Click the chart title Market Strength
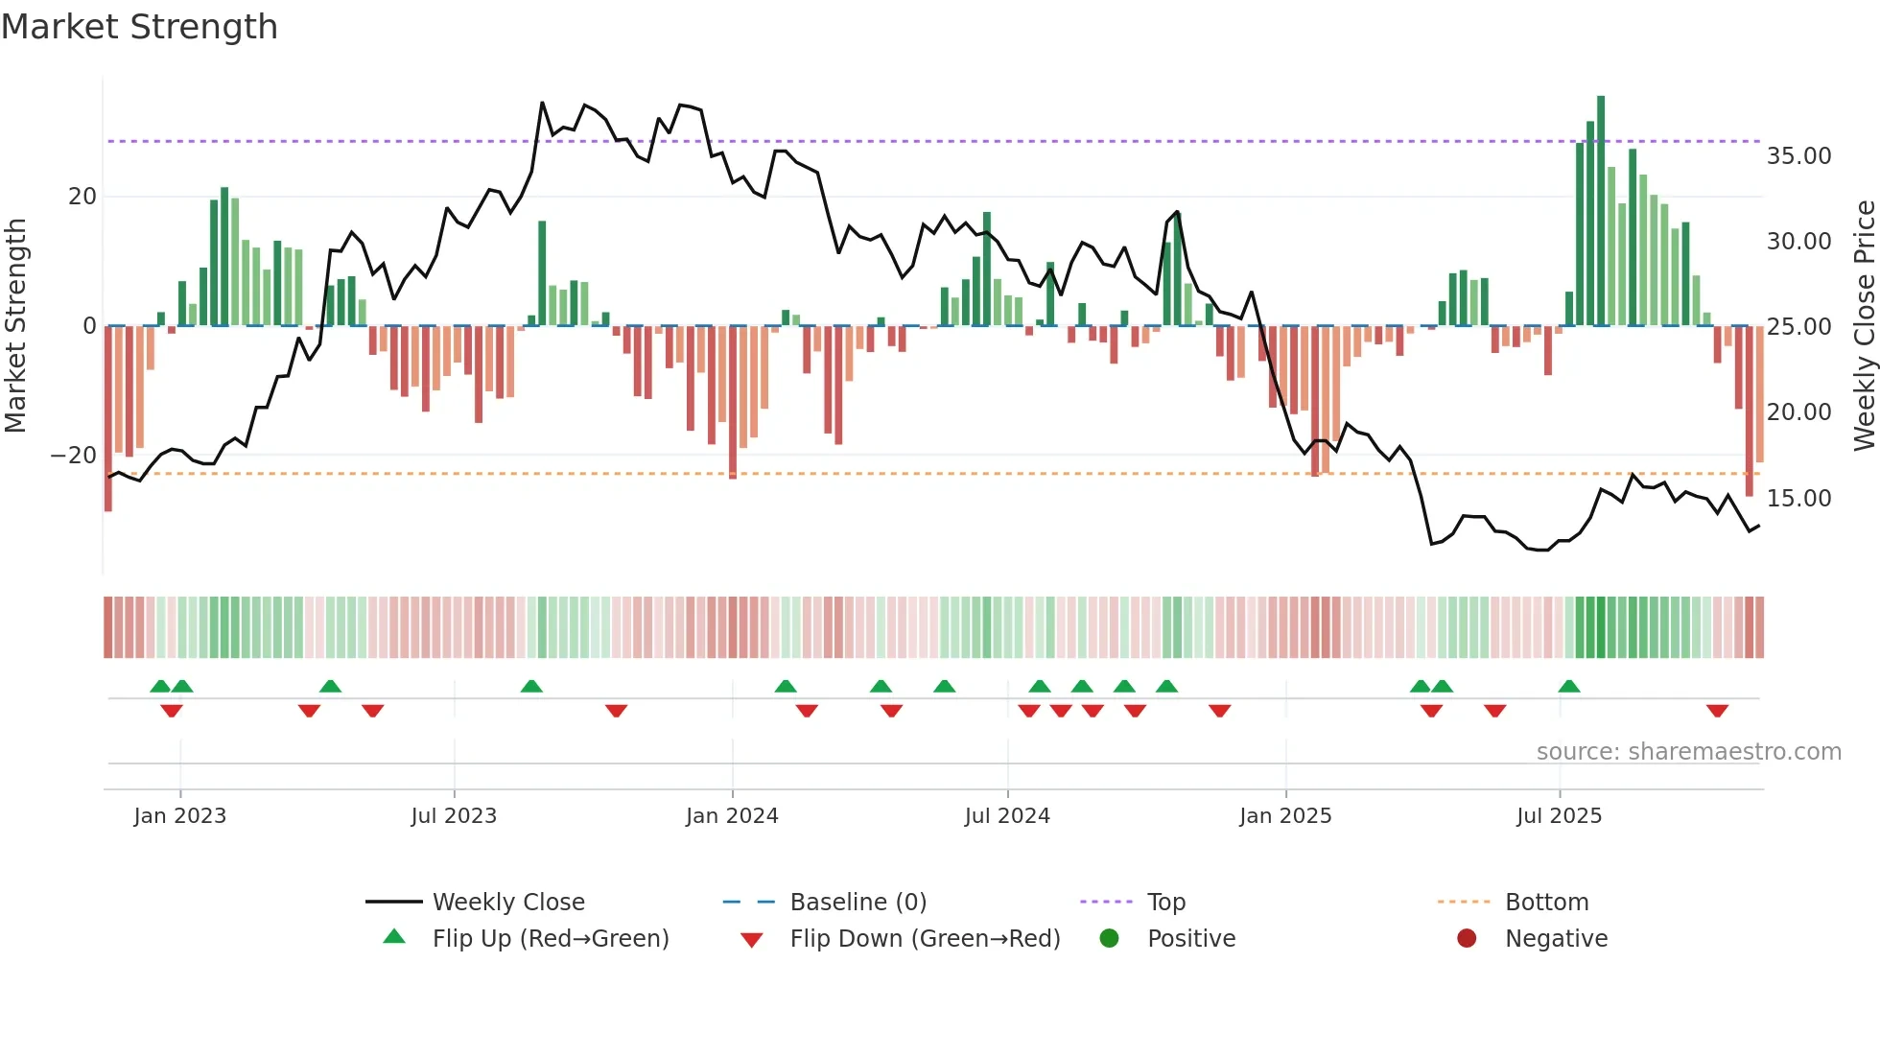coord(139,27)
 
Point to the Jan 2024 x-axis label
coord(732,816)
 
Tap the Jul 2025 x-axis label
coord(1559,816)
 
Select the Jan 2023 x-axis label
coord(180,816)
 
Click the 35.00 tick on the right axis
coord(1798,156)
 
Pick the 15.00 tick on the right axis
coord(1798,499)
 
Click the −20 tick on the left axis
coord(74,456)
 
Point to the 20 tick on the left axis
coord(82,197)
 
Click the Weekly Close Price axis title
coord(1864,326)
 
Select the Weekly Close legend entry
coord(507,903)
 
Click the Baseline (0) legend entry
coord(858,903)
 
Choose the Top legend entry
coord(1165,903)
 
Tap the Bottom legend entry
coord(1546,903)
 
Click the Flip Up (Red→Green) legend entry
coord(550,939)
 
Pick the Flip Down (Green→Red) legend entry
coord(925,939)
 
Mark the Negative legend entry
coord(1555,939)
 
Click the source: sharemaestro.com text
coord(1688,752)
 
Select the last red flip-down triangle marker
coord(1717,711)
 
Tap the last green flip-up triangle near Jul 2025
coord(1569,686)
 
